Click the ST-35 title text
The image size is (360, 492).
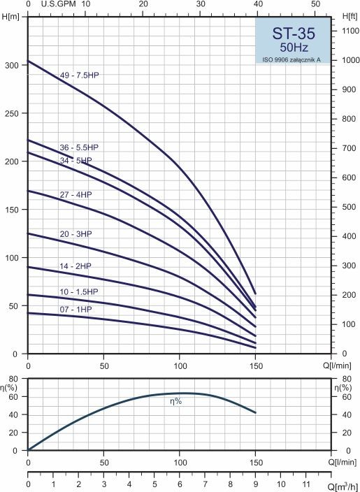pos(293,34)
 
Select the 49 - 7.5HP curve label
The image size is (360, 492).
pos(81,75)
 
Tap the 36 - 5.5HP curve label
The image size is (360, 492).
pos(81,147)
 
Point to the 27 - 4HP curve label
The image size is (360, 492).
pos(75,195)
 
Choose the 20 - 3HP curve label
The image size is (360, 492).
pos(75,234)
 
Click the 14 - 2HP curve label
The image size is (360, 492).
pos(75,266)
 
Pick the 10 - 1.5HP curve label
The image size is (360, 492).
pos(79,292)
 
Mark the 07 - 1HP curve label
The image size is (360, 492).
pos(75,310)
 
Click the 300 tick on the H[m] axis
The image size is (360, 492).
pos(12,65)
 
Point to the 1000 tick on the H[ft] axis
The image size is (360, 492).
pos(348,60)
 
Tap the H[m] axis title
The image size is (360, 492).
pos(10,17)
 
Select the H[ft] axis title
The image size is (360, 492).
pos(350,16)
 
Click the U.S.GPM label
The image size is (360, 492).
pos(59,4)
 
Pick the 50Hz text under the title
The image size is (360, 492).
pos(294,48)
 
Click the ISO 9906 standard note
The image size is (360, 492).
pos(291,59)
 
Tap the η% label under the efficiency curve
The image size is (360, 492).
pos(175,401)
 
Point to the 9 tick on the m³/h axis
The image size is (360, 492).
pos(255,483)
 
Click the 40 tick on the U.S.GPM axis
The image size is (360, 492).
pos(258,4)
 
